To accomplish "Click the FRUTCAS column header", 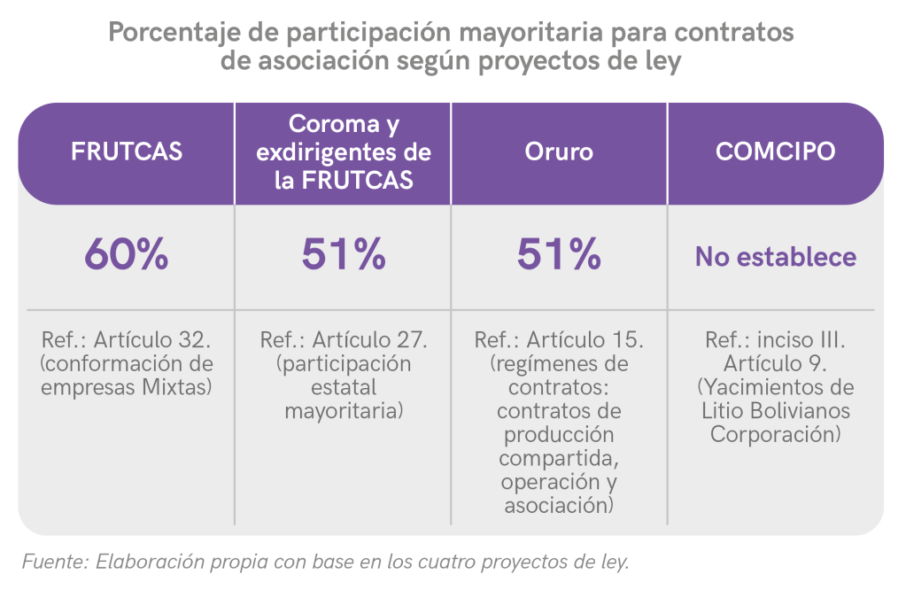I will coord(127,151).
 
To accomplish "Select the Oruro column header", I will coord(558,151).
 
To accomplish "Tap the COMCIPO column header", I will coord(775,151).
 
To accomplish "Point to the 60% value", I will coord(127,256).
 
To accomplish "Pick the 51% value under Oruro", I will coord(559,256).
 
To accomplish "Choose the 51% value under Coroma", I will coord(344,256).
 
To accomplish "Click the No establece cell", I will coord(775,257).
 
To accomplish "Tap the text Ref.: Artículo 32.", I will coord(127,341).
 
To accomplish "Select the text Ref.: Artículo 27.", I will coord(344,341).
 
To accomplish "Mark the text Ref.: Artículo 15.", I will coord(559,341).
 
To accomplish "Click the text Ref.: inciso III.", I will coord(775,341).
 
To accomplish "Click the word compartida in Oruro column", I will coord(558,459).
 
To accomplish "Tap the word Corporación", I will coord(775,435).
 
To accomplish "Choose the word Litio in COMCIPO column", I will coord(722,411).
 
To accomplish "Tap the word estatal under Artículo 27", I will coord(344,387).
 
